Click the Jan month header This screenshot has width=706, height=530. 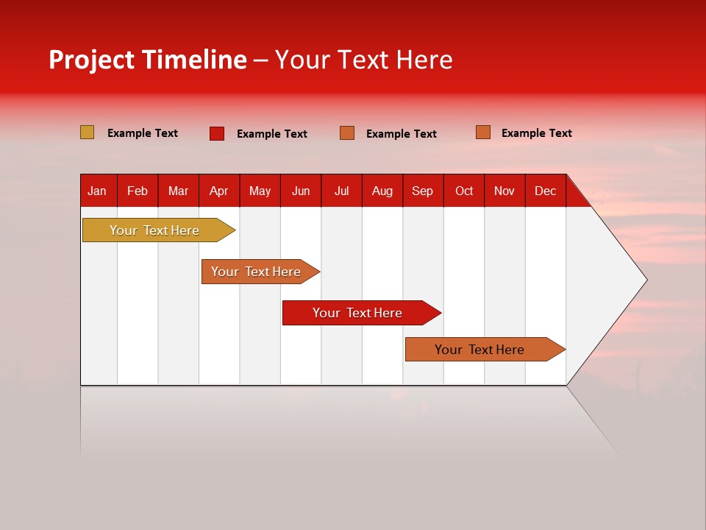97,191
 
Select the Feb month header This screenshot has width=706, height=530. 138,191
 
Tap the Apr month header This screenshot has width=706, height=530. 219,191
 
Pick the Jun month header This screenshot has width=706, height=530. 301,191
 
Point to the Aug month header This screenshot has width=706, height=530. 382,191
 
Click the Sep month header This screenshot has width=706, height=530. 423,191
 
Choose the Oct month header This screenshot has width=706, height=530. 464,191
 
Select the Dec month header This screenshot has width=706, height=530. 546,191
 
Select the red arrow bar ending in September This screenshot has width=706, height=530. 358,313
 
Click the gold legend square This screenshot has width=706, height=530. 87,132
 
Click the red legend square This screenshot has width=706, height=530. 216,133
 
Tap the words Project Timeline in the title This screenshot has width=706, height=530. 147,60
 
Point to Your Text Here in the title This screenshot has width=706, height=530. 364,60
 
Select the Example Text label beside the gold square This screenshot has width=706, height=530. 143,133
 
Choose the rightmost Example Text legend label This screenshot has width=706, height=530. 537,133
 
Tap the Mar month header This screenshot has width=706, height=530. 179,191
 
